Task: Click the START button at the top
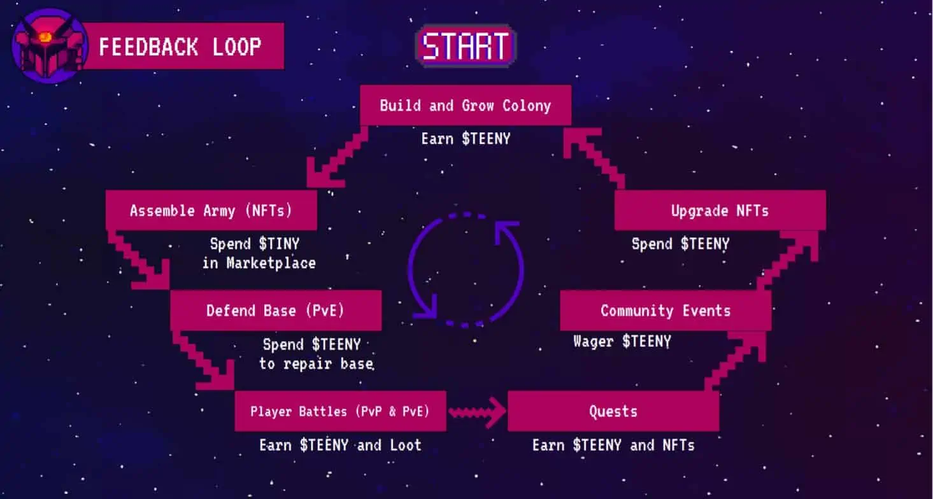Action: (466, 46)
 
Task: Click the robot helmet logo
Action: (50, 46)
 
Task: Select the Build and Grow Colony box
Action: (466, 105)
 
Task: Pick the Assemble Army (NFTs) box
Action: (211, 210)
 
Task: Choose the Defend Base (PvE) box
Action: (276, 311)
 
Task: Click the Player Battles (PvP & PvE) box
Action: (340, 411)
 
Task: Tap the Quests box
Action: (613, 411)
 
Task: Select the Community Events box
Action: (666, 311)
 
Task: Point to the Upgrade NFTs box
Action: (720, 210)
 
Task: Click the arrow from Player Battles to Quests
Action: (478, 412)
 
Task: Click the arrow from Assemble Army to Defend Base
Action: (139, 260)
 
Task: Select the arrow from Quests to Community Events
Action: (735, 362)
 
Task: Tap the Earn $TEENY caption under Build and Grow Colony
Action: (466, 139)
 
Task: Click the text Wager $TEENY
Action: (622, 341)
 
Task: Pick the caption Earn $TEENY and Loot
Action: (340, 446)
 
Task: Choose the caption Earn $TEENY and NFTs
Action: (613, 446)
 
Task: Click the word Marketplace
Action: (271, 263)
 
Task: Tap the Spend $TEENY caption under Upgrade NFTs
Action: (681, 244)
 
